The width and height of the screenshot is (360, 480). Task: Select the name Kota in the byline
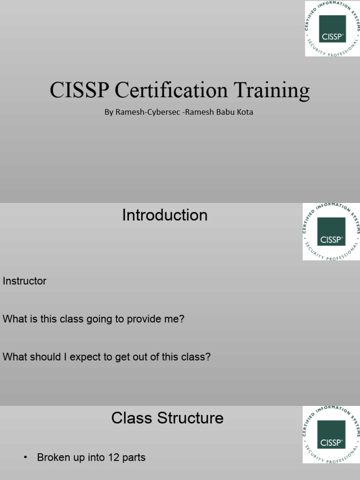pyautogui.click(x=244, y=112)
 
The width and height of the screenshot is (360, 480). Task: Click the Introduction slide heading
pyautogui.click(x=165, y=215)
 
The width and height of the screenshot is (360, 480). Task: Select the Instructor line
pyautogui.click(x=24, y=281)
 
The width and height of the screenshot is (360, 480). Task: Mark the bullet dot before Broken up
pyautogui.click(x=25, y=457)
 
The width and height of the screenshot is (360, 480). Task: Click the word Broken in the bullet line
pyautogui.click(x=53, y=457)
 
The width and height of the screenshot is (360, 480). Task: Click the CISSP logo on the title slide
pyautogui.click(x=332, y=29)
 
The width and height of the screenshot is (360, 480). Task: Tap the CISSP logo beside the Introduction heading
pyautogui.click(x=331, y=232)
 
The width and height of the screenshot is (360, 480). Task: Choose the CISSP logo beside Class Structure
pyautogui.click(x=331, y=435)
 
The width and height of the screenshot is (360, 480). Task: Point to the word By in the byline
pyautogui.click(x=109, y=112)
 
